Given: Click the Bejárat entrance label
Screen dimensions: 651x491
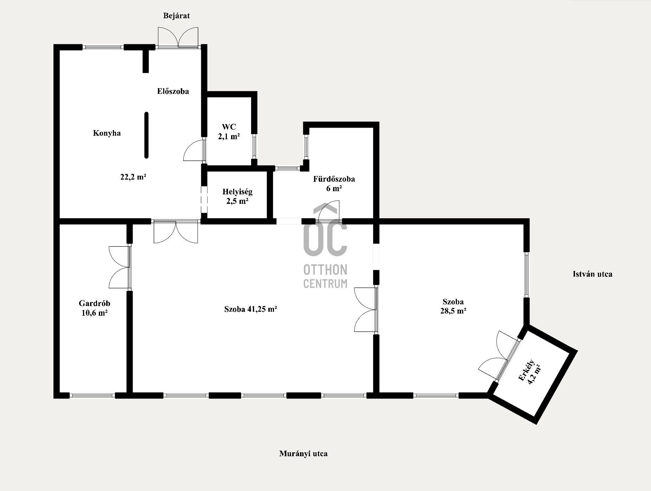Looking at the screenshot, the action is coord(176,16).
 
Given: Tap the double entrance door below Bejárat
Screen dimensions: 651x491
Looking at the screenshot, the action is coord(178,37).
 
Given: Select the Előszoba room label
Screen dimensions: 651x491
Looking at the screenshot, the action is coord(173,91).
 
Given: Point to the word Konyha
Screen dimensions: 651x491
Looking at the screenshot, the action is coord(107,133).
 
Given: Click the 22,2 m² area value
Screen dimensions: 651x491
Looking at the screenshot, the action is coord(133,177).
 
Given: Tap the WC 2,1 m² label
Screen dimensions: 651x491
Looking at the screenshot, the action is coord(229,131).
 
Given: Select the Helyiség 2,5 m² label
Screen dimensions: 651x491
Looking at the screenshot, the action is coord(237,196).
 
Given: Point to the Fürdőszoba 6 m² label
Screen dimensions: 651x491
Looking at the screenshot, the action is coord(334,183).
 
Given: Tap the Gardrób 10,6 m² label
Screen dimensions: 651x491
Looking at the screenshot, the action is coord(94,308).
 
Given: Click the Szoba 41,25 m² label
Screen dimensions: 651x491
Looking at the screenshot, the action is coord(250,309).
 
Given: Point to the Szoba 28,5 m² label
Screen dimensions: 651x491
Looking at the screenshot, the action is coord(453,306).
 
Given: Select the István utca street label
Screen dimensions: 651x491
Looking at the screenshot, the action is coord(592,274).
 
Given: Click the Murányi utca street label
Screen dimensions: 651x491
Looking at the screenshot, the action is coord(303,453).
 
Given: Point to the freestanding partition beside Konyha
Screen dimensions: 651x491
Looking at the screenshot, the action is coord(146,135).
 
